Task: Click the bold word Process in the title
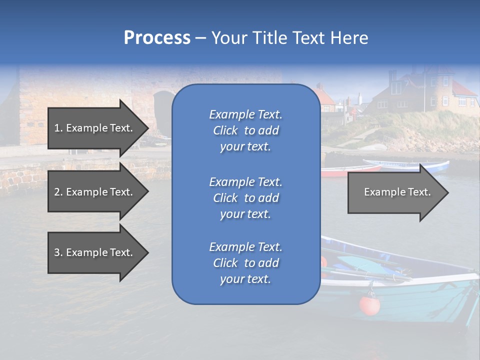coord(157,38)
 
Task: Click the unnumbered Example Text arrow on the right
coord(397,192)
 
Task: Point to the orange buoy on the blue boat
coord(369,305)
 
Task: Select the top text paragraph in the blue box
coord(245,130)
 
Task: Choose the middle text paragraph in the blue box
coord(245,198)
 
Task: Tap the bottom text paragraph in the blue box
coord(245,263)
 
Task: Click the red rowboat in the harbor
coord(350,170)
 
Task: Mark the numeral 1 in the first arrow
coord(56,128)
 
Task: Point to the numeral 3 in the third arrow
coord(57,252)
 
